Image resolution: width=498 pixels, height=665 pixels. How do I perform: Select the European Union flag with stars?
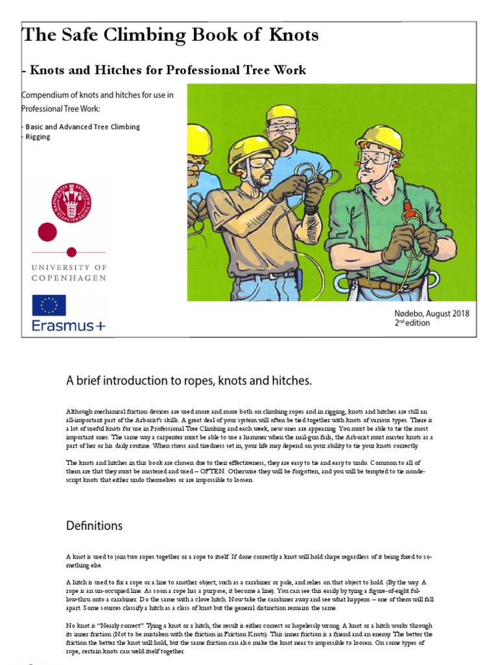[49, 305]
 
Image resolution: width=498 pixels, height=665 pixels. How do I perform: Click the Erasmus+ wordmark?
[68, 325]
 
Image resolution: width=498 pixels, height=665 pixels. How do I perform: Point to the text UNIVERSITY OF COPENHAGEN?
[69, 273]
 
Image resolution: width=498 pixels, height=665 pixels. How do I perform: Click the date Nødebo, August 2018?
[432, 313]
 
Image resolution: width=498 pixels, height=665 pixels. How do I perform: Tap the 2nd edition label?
[412, 323]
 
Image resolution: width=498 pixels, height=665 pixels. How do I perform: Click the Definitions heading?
[94, 525]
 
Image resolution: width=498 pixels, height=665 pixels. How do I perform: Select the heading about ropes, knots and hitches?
[189, 381]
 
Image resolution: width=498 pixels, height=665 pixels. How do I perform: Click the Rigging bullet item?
[38, 137]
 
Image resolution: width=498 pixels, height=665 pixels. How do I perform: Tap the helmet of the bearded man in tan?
[251, 149]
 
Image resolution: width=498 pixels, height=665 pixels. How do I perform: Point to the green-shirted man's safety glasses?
[375, 158]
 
